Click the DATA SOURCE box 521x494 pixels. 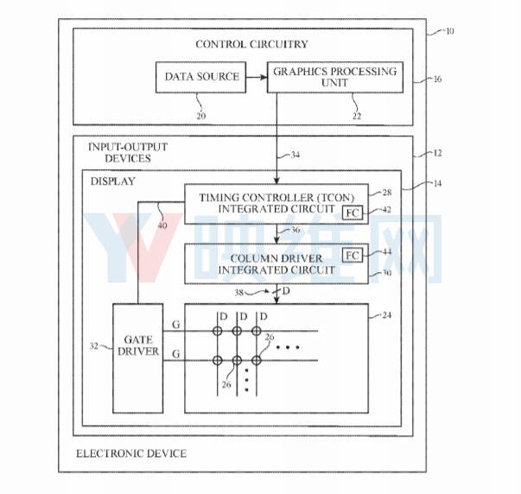pos(201,77)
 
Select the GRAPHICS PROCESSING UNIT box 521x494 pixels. pos(335,77)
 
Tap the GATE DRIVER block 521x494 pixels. pos(138,358)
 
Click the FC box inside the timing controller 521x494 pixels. pos(353,212)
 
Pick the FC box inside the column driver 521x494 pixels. pos(353,255)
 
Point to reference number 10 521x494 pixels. pos(449,31)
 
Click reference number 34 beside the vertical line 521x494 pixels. pos(295,155)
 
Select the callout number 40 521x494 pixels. pos(162,225)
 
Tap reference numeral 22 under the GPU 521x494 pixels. pos(357,116)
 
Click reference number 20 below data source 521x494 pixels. pos(201,116)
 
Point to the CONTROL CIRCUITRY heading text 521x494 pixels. pos(252,44)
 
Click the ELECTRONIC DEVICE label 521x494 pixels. pos(131,453)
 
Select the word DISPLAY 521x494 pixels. pos(112,181)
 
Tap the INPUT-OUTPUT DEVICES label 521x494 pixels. pos(128,153)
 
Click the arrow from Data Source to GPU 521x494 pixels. pos(257,78)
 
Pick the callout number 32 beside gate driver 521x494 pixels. pos(94,346)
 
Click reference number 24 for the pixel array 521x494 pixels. pos(387,315)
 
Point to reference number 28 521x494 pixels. pos(387,193)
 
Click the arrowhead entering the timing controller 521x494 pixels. pos(276,180)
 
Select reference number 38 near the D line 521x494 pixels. pos(239,293)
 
